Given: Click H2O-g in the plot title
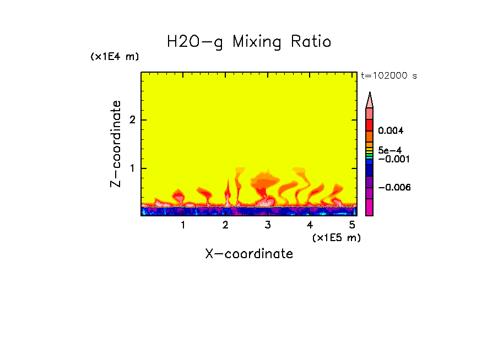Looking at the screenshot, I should click(195, 42).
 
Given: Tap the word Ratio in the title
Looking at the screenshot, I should click(311, 42).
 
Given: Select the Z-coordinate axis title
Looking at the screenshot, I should click(116, 144).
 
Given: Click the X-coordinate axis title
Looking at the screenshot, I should click(249, 254).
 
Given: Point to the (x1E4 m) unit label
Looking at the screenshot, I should click(115, 57).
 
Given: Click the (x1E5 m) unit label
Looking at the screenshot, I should click(336, 237).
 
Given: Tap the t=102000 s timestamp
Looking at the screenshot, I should click(388, 75).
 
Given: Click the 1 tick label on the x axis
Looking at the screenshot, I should click(183, 225).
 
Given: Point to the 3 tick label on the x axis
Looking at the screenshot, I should click(268, 225).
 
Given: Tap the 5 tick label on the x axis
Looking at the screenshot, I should click(352, 225).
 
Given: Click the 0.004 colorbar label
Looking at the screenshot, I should click(391, 131).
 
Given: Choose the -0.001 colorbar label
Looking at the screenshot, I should click(392, 159).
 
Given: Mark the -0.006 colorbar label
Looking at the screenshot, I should click(394, 188).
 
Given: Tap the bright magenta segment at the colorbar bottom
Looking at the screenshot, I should click(370, 208).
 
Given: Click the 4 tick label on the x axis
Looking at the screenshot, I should click(310, 225).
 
